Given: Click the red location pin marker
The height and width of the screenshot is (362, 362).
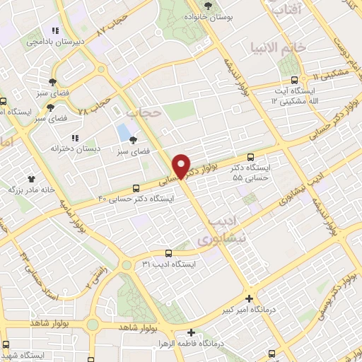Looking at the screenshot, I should click(x=182, y=165).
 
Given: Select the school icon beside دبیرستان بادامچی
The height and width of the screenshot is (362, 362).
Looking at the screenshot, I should click(x=54, y=30).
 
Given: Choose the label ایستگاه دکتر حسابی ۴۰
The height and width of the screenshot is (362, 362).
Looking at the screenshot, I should click(x=138, y=199).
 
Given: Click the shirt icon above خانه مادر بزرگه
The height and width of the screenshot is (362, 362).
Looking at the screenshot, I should click(x=30, y=179).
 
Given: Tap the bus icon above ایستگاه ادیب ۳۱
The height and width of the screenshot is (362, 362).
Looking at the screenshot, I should click(x=168, y=253).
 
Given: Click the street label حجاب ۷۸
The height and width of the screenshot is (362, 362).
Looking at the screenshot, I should click(x=94, y=104).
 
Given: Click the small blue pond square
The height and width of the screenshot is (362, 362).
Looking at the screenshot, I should click(x=123, y=132).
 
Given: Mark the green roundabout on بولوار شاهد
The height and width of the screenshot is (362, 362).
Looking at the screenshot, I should click(x=92, y=325).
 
